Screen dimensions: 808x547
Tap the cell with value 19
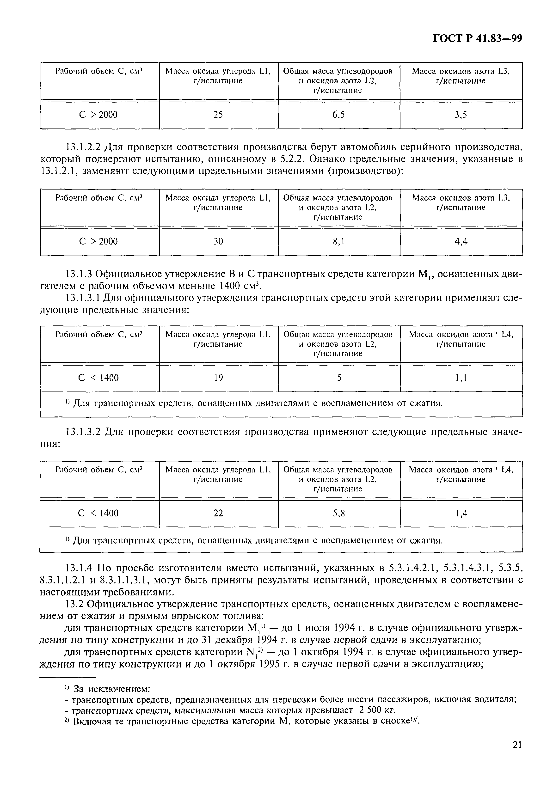tap(218, 378)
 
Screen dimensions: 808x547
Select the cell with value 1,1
tap(461, 378)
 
